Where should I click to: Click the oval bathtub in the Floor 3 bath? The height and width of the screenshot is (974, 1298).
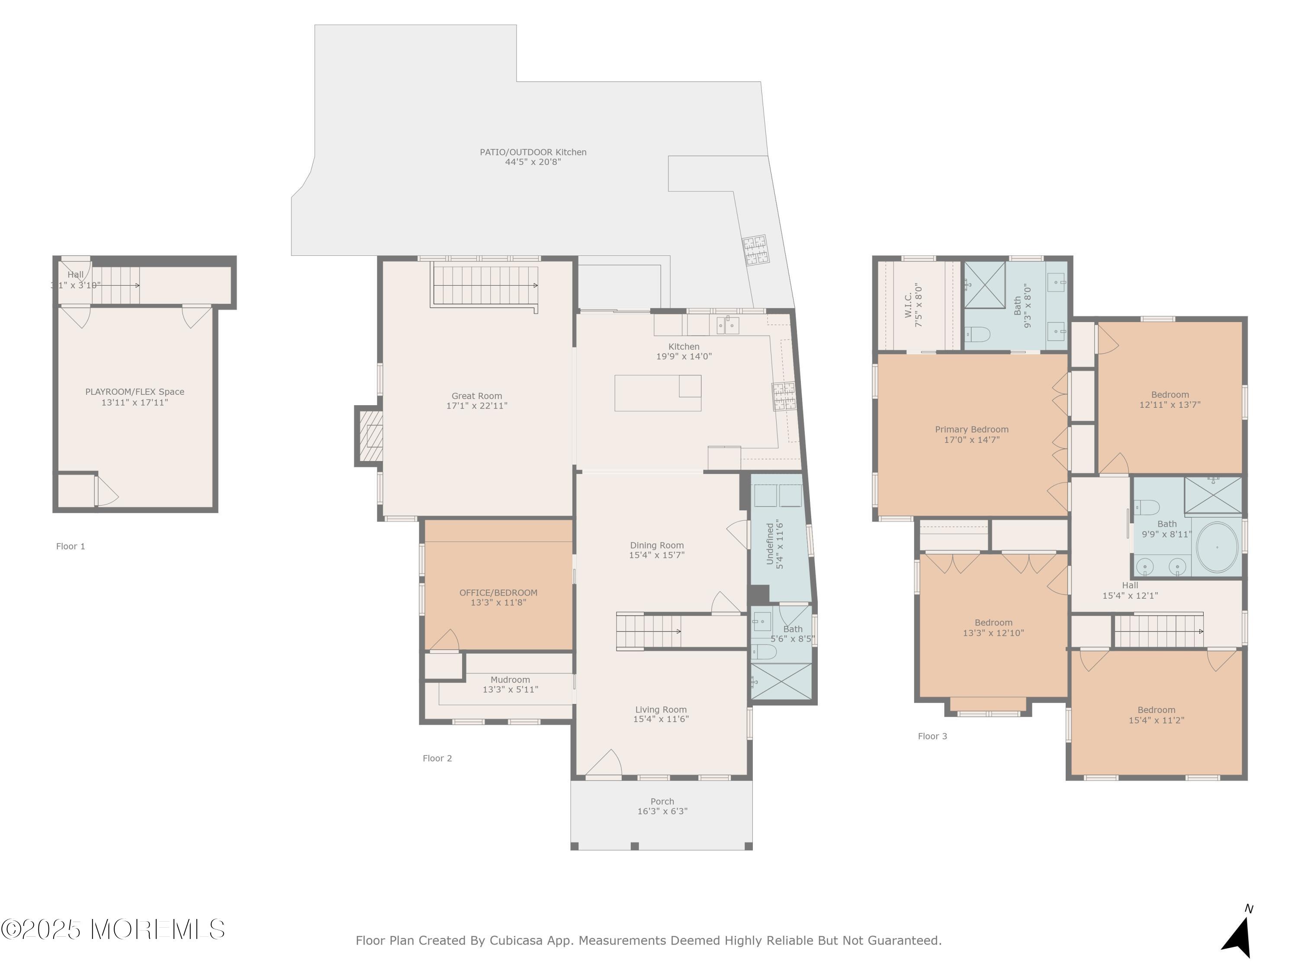[1217, 547]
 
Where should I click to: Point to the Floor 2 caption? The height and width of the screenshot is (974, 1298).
[437, 758]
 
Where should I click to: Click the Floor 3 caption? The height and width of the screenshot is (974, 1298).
[932, 736]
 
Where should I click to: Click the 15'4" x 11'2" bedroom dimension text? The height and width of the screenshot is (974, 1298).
[1156, 720]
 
